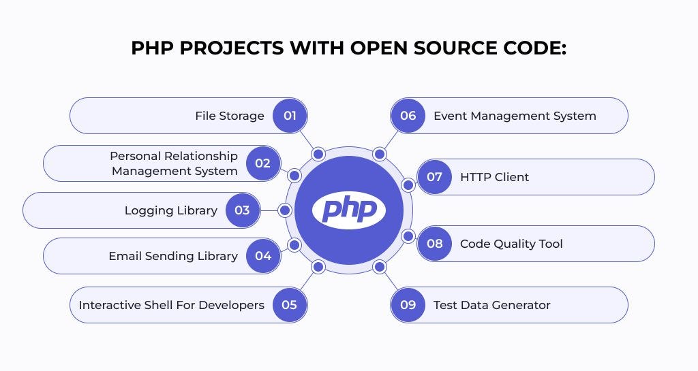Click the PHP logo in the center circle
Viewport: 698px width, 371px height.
[x=349, y=210]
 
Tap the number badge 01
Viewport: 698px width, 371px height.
[x=290, y=116]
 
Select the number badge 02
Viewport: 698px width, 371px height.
[x=263, y=163]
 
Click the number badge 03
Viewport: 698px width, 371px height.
[x=242, y=210]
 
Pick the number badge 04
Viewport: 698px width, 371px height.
[x=263, y=256]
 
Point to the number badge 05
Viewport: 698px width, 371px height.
[x=290, y=304]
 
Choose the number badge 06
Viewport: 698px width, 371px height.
[x=408, y=116]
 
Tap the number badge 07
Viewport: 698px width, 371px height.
[x=434, y=177]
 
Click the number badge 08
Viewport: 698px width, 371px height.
[x=434, y=244]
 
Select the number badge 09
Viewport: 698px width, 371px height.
[x=408, y=304]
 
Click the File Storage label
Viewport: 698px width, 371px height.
[x=229, y=116]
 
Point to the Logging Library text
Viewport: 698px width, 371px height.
[x=170, y=210]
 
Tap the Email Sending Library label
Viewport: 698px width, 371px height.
[x=173, y=256]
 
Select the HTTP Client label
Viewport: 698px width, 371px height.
[x=494, y=177]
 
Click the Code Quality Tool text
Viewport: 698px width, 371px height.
[x=511, y=244]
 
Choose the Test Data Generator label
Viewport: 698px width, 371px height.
[x=491, y=304]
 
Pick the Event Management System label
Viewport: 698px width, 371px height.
[x=515, y=116]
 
